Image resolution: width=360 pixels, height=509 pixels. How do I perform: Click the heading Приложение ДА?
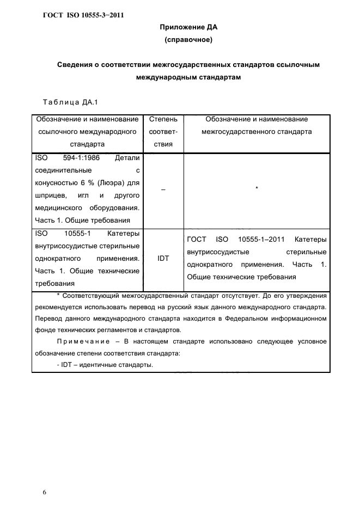[188, 27]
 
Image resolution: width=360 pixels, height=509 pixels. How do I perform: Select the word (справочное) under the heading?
[188, 40]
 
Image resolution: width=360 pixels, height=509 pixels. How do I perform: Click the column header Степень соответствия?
[163, 132]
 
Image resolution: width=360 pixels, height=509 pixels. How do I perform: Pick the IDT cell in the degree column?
[163, 259]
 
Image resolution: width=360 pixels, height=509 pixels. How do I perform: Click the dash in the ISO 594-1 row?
[163, 189]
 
